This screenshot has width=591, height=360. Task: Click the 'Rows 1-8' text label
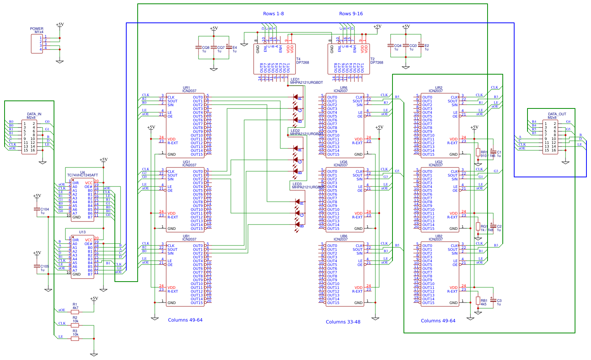273,14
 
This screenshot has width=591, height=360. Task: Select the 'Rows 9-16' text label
351,14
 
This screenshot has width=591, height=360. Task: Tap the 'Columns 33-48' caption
343,322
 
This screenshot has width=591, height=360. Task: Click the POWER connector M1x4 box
37,44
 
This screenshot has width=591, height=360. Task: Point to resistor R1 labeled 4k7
75,312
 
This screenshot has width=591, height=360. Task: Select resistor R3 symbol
75,338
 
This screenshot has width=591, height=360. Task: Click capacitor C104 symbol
37,209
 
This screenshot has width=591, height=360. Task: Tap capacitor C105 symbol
37,266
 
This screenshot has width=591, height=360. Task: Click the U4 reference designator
82,172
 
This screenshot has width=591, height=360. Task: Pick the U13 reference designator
82,232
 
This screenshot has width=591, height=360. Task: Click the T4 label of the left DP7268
298,59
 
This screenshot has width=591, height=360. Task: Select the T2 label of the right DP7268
372,59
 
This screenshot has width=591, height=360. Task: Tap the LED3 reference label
297,184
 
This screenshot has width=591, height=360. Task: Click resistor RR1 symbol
478,152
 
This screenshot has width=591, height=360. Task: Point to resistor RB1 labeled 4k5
478,301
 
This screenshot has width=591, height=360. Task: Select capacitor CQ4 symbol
390,45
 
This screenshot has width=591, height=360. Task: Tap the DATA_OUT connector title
557,114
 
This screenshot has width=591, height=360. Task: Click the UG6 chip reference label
343,162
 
